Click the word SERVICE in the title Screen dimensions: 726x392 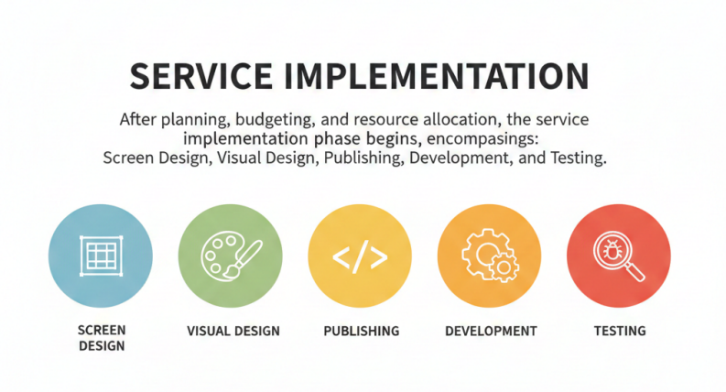click(x=200, y=76)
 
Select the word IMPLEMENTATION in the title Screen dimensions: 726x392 click(x=436, y=76)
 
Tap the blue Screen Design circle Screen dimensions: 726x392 click(x=101, y=256)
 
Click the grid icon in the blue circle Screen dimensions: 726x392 click(x=102, y=256)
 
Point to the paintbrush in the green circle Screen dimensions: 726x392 click(x=244, y=259)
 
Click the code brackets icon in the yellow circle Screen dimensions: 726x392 click(x=360, y=256)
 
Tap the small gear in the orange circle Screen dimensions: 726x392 click(x=504, y=267)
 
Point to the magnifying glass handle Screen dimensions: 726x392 click(x=634, y=271)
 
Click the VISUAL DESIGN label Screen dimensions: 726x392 click(x=233, y=332)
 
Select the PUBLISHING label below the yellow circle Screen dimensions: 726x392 click(x=361, y=332)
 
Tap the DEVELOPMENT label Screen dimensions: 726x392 click(x=491, y=332)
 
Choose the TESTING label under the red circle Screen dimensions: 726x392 click(x=620, y=332)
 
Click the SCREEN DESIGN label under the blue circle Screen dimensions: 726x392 click(x=102, y=338)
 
